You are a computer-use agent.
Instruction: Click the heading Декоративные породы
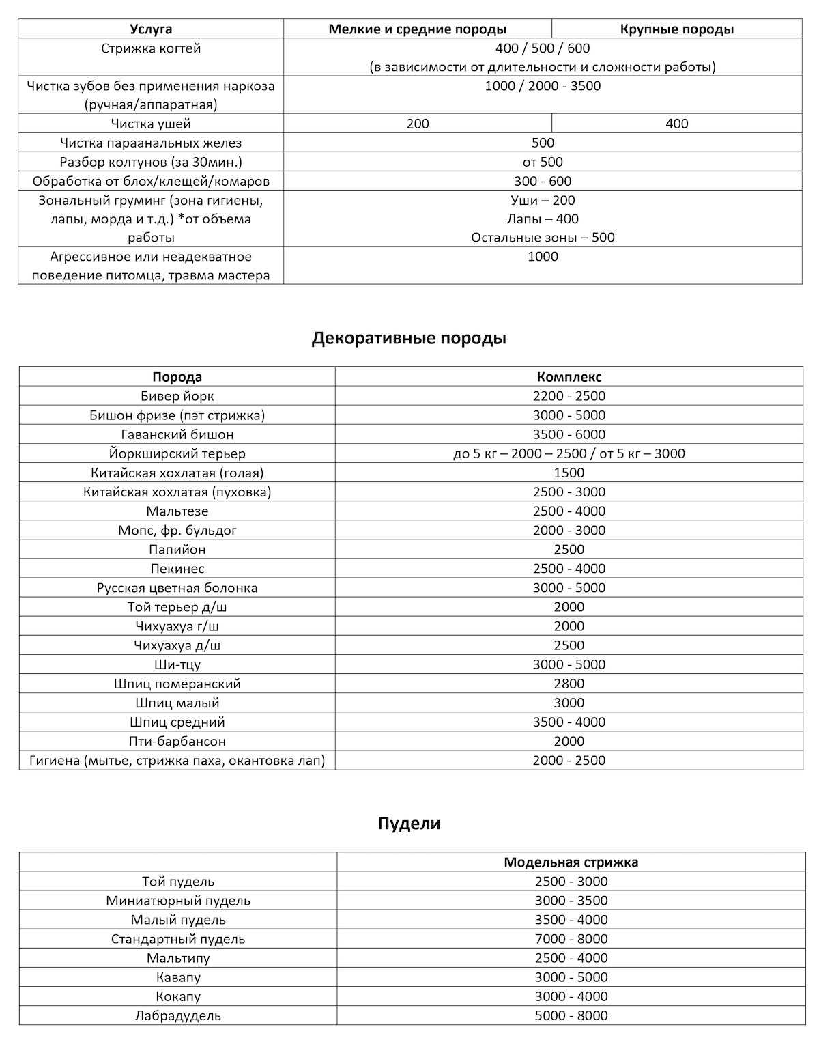pos(409,339)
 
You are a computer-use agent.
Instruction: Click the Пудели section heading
pos(409,824)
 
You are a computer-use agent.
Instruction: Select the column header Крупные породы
pos(677,29)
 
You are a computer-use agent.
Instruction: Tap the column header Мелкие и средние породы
pos(417,29)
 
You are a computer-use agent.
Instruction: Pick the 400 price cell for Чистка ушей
pos(677,124)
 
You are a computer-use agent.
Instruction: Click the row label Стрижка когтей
pos(151,48)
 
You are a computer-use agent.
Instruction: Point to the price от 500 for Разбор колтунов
pos(543,162)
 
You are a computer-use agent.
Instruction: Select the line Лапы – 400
pos(543,219)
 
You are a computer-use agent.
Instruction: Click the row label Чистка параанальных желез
pos(151,143)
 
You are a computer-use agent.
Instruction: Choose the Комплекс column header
pos(569,377)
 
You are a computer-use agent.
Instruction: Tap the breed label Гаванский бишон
pos(177,434)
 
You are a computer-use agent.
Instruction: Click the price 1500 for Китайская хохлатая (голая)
pos(569,473)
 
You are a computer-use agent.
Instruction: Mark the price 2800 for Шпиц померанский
pos(569,684)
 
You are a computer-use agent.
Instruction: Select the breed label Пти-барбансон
pos(177,741)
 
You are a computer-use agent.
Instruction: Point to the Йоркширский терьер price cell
pos(569,453)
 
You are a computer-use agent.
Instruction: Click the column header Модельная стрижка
pos(571,862)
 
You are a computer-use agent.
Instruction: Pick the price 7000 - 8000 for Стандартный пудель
pos(571,939)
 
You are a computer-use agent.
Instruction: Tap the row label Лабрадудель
pos(178,1015)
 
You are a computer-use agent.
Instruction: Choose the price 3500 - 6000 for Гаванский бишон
pos(569,434)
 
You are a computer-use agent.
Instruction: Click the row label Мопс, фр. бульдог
pos(177,530)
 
